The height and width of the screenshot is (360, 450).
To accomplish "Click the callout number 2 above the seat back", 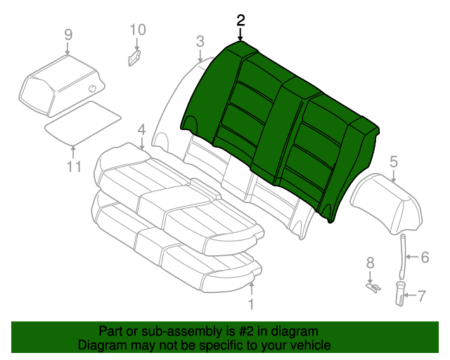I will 241,20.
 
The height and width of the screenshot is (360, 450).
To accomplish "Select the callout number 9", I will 67,34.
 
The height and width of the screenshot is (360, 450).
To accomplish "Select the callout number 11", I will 75,167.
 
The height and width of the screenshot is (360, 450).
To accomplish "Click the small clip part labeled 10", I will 134,57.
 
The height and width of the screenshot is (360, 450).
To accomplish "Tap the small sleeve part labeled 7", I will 401,292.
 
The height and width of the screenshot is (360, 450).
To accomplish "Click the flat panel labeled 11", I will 83,121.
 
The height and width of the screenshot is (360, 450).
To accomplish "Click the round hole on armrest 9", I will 92,88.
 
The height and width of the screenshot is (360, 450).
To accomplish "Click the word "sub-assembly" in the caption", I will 160,331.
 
